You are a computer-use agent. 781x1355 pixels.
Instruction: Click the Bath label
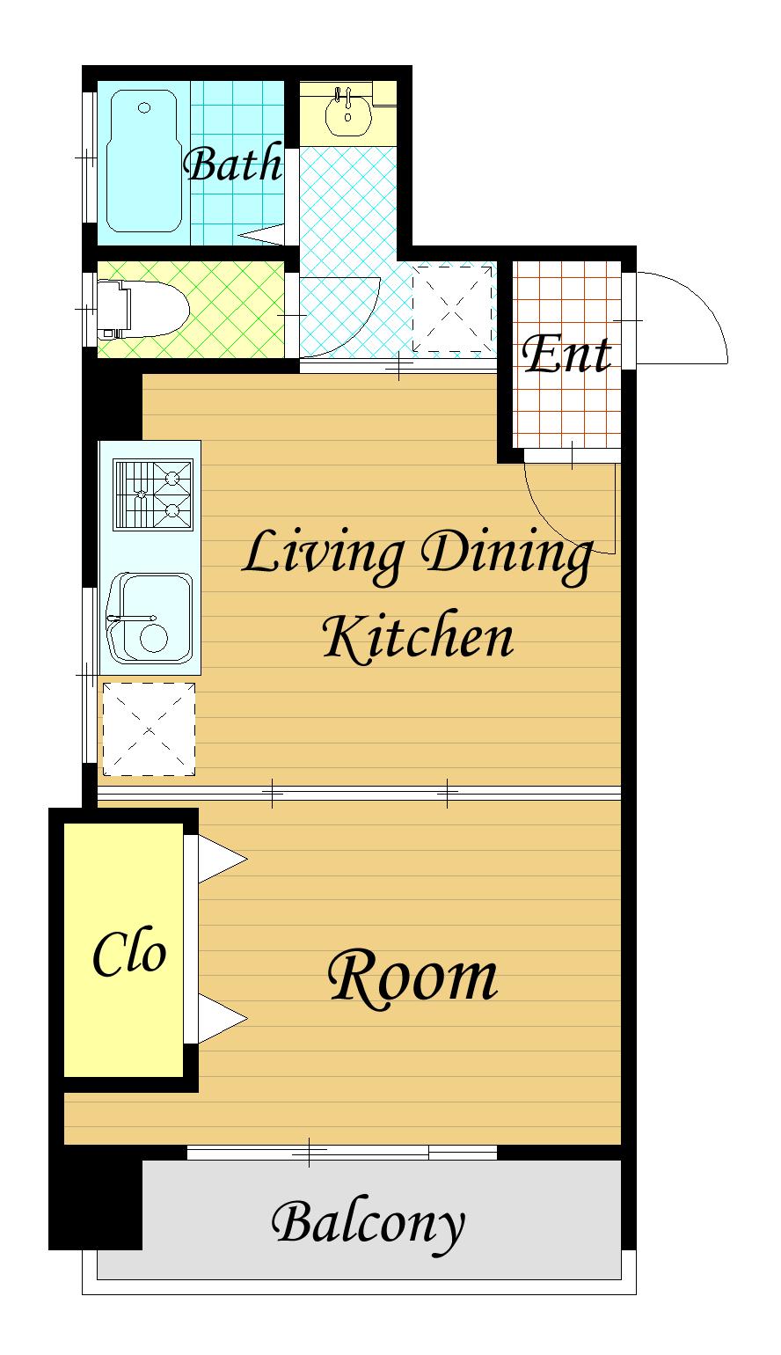click(x=233, y=164)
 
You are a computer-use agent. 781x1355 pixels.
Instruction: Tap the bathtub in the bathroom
click(x=144, y=161)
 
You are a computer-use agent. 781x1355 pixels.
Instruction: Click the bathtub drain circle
click(x=144, y=107)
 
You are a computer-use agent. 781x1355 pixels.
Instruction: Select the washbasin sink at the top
click(x=347, y=112)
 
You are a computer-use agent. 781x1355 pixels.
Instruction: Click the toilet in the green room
click(x=143, y=309)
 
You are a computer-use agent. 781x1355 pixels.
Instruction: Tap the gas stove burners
click(x=153, y=494)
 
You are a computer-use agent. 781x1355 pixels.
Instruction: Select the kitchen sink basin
click(x=150, y=618)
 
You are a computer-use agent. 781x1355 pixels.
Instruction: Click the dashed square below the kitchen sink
click(x=149, y=729)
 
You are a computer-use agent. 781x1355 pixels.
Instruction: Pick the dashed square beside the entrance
click(x=452, y=309)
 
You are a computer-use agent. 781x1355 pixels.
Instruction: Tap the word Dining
click(x=507, y=553)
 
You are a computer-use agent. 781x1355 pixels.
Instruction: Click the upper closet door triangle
click(x=222, y=859)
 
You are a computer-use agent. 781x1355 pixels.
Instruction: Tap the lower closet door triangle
click(x=222, y=1019)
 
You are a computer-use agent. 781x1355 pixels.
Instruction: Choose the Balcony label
click(x=369, y=1227)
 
